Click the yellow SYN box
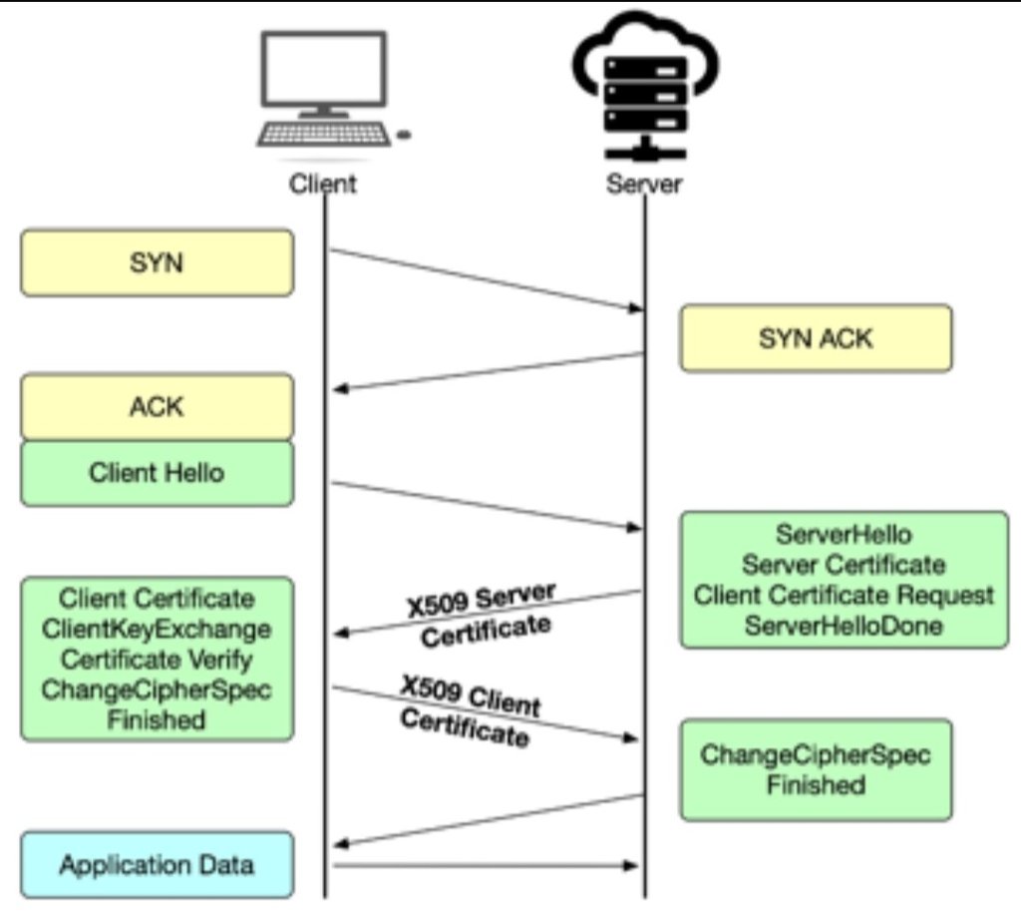(157, 262)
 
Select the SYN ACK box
(816, 338)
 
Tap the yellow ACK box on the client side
(157, 406)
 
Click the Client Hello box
(157, 473)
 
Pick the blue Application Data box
(157, 864)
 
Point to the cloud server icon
(645, 85)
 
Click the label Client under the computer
(322, 184)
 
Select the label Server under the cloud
(644, 184)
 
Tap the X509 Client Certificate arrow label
(469, 710)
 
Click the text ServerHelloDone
(844, 626)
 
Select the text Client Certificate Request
(844, 596)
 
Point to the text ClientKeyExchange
(157, 630)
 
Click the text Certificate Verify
(157, 660)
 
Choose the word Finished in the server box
(816, 784)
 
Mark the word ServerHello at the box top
(844, 536)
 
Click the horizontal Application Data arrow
(485, 865)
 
